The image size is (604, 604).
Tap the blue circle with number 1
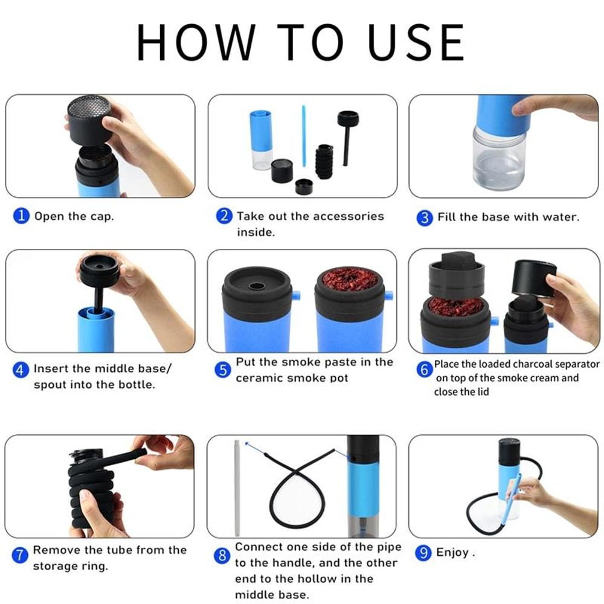click(21, 216)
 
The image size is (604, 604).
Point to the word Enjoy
click(453, 553)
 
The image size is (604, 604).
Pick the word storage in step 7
click(56, 567)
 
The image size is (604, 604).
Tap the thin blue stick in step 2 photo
click(304, 136)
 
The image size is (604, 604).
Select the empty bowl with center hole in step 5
click(257, 284)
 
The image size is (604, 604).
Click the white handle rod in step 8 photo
click(237, 489)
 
